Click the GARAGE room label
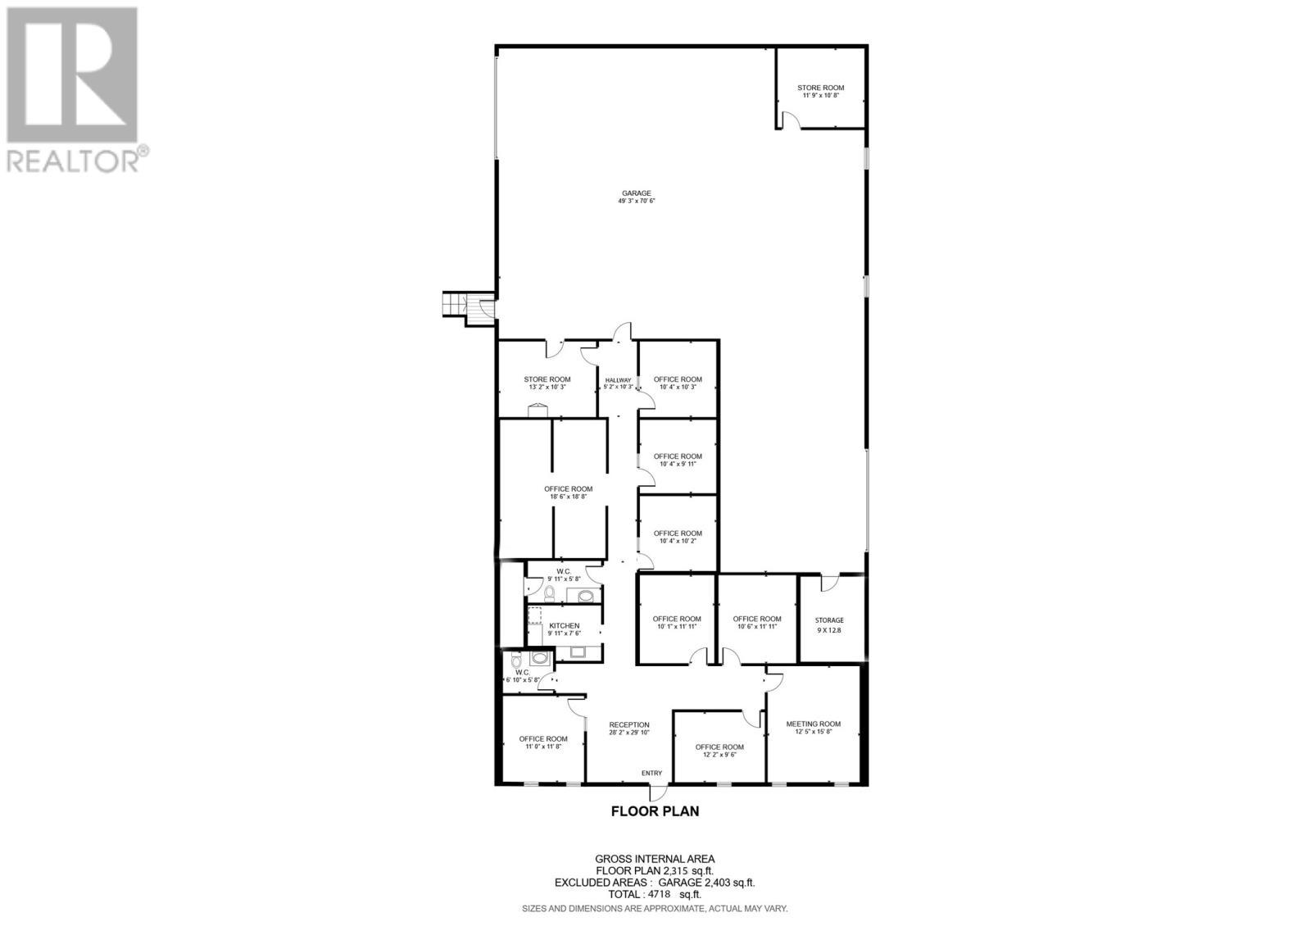636,197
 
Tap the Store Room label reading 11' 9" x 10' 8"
820,91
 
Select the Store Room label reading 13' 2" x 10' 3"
547,383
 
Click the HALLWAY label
618,383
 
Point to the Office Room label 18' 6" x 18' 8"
568,493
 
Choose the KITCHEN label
564,629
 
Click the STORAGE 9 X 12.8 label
829,624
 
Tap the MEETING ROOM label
813,727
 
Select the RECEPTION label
629,729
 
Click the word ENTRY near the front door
651,773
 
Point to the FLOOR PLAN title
655,811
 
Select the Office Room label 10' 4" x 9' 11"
678,460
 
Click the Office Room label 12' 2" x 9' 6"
719,751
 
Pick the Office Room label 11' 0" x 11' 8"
542,742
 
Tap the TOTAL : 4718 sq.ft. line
654,894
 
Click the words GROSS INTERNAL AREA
654,859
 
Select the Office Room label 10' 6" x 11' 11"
756,622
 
